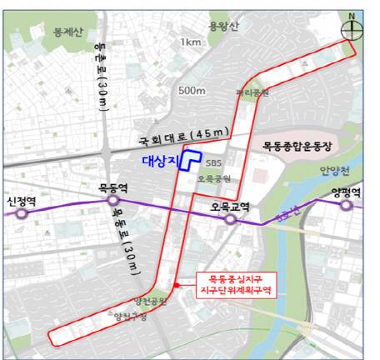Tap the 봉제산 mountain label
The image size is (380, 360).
pyautogui.click(x=46, y=32)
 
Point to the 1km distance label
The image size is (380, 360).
pyautogui.click(x=191, y=42)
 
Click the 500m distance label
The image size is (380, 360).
pyautogui.click(x=192, y=90)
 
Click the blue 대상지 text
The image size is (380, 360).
pyautogui.click(x=156, y=161)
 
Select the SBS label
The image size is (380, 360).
pyautogui.click(x=214, y=163)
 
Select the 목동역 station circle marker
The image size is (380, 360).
pyautogui.click(x=112, y=201)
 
